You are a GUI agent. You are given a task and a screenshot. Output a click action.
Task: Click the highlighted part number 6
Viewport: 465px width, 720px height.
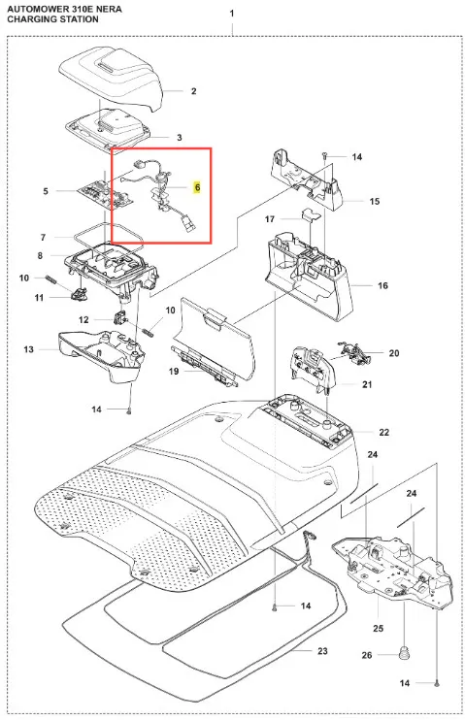[197, 187]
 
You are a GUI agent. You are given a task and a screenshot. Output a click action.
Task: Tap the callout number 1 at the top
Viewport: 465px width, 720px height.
[232, 14]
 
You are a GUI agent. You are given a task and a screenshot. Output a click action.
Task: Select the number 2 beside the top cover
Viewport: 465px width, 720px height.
[194, 91]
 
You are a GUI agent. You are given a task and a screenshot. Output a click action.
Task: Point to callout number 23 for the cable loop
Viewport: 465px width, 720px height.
[322, 651]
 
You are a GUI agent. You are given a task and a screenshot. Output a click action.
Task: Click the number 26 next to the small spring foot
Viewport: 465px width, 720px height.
[367, 655]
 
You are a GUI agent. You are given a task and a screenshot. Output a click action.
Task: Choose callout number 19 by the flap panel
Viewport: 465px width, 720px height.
[174, 371]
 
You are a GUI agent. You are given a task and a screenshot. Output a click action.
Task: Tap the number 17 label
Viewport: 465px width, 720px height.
[270, 219]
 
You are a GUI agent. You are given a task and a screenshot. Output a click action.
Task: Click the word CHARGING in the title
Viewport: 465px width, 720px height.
[29, 19]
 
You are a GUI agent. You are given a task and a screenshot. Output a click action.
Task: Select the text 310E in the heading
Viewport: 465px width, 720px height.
[72, 9]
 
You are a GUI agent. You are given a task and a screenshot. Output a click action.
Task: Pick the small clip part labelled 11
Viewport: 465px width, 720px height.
[80, 292]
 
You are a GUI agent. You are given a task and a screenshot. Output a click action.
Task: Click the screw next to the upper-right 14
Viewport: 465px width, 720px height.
[324, 156]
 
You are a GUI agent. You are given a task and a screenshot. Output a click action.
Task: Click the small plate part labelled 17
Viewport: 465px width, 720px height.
[311, 214]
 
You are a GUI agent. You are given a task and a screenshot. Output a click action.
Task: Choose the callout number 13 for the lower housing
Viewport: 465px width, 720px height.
[28, 349]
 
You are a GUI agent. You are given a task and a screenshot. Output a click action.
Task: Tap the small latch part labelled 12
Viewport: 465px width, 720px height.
[120, 317]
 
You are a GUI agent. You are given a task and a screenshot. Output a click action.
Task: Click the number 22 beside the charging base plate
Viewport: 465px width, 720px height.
[384, 432]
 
